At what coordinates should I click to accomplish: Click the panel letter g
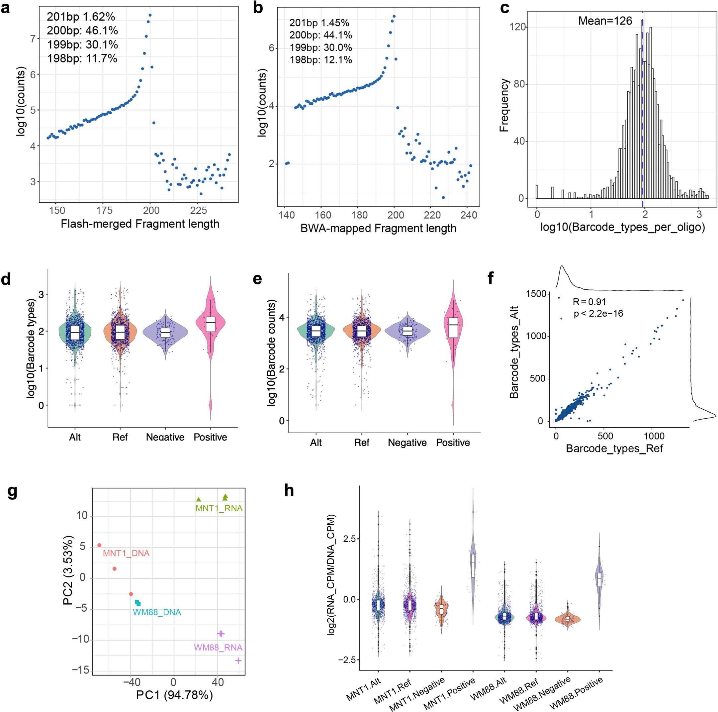pyautogui.click(x=12, y=492)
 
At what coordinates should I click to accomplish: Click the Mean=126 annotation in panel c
pyautogui.click(x=605, y=21)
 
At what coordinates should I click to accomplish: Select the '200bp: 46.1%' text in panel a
pyautogui.click(x=82, y=31)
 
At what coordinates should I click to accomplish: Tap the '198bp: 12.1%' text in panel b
pyautogui.click(x=320, y=60)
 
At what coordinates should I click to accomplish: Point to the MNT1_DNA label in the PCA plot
pyautogui.click(x=126, y=553)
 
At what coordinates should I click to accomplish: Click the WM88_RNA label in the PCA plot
pyautogui.click(x=218, y=647)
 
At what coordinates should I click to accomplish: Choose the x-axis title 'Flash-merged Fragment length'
pyautogui.click(x=140, y=224)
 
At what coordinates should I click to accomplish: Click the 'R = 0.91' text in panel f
pyautogui.click(x=589, y=302)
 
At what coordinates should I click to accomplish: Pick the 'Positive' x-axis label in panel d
pyautogui.click(x=210, y=437)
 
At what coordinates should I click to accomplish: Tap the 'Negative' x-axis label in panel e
pyautogui.click(x=407, y=443)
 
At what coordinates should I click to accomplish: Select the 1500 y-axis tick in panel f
pyautogui.click(x=536, y=294)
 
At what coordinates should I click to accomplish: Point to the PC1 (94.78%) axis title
pyautogui.click(x=174, y=695)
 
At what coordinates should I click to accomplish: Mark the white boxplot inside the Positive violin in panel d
pyautogui.click(x=211, y=327)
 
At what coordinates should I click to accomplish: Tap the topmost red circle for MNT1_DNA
pyautogui.click(x=99, y=545)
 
